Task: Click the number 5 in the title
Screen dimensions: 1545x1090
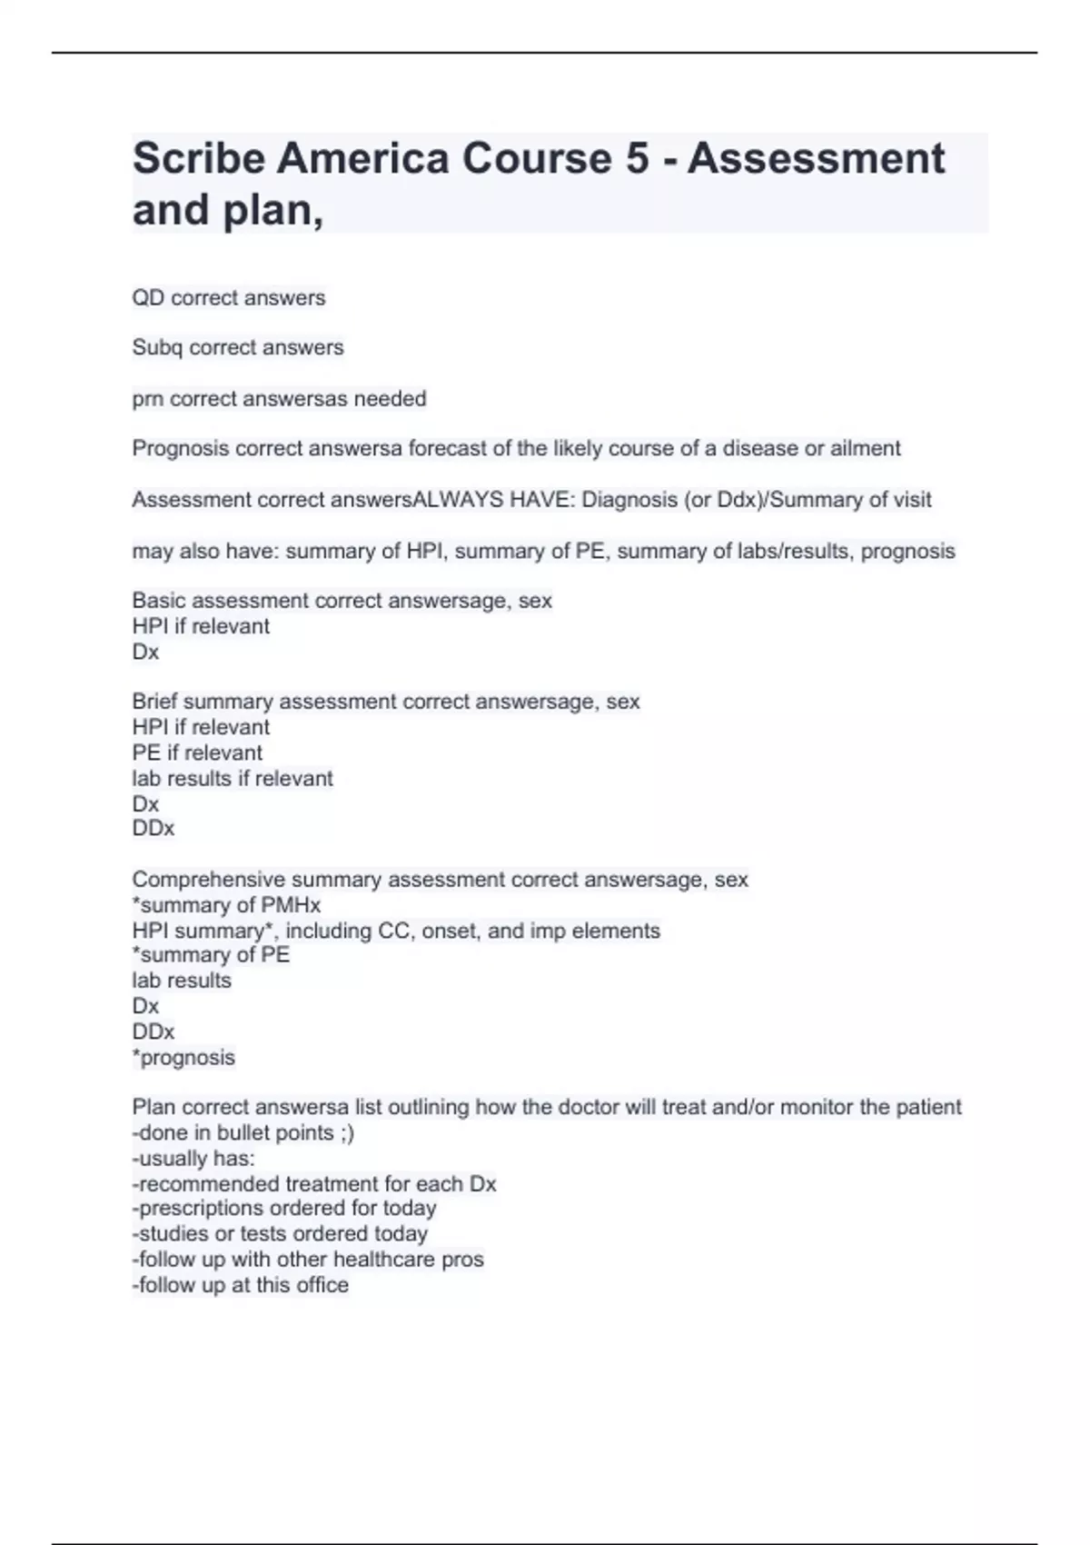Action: point(637,159)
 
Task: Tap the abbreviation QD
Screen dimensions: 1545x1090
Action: point(148,298)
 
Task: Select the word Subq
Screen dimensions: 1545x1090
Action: point(157,347)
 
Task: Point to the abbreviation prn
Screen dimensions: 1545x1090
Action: point(147,399)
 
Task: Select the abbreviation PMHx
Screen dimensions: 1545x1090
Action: point(291,905)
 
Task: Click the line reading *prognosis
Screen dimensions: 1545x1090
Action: point(183,1058)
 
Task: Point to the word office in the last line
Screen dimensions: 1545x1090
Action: point(322,1285)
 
